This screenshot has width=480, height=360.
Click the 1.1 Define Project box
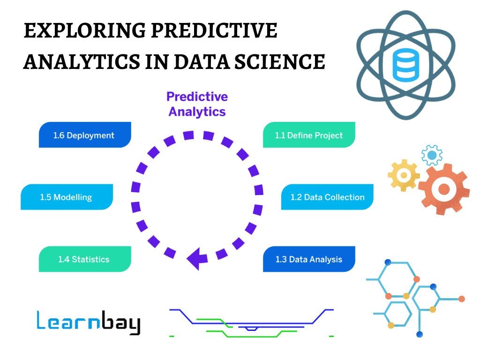click(x=309, y=135)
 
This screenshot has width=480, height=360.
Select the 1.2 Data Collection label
click(x=327, y=197)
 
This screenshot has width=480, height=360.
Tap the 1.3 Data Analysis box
click(x=309, y=259)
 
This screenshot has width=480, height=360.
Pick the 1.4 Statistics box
click(x=84, y=259)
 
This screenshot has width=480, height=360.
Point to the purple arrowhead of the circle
click(x=196, y=257)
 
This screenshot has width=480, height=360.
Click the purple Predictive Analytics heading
click(x=197, y=104)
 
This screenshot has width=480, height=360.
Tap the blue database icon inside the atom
click(x=406, y=64)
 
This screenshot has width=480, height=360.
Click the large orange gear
click(x=443, y=188)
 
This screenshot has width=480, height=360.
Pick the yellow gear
click(x=403, y=175)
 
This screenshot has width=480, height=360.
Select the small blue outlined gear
click(x=432, y=155)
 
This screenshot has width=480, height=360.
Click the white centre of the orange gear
click(x=443, y=189)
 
